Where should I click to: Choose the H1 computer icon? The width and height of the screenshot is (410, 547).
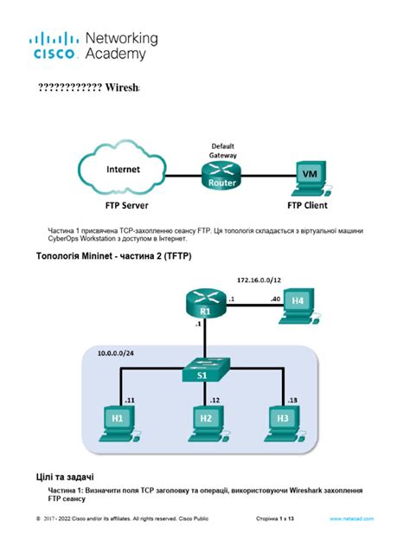[x=119, y=421]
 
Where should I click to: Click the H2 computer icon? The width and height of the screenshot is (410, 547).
[x=205, y=421]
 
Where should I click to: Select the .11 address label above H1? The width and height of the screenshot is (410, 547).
[x=130, y=401]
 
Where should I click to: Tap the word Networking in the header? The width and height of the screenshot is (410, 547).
[x=121, y=39]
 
